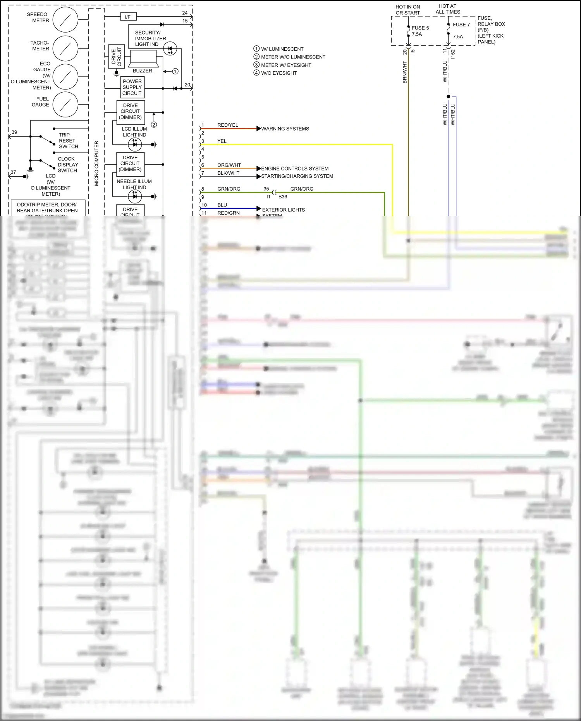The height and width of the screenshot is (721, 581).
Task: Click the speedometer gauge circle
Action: coord(65,19)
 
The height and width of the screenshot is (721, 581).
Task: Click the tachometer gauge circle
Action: coord(65,48)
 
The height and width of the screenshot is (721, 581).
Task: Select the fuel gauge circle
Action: coord(65,104)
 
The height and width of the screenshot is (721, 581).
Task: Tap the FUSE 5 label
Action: coord(420,28)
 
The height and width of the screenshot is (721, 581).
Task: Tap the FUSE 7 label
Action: coord(461,24)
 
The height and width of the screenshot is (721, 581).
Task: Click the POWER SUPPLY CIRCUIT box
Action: coord(132,87)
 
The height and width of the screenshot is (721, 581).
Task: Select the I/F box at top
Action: coord(128,17)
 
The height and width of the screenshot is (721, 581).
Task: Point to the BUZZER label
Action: coord(142,71)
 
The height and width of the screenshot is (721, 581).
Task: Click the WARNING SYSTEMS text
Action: coord(285,129)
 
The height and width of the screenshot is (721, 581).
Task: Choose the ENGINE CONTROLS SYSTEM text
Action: coord(295,169)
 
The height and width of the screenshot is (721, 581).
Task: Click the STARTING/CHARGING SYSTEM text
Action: coord(297,176)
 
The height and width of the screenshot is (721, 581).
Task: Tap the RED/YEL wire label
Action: coord(228,125)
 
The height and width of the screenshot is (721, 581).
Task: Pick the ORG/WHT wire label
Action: coord(229,165)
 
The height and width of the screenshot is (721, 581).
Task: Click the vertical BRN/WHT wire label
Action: coord(405,72)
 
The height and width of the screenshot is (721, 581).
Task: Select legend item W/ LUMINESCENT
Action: coord(282,49)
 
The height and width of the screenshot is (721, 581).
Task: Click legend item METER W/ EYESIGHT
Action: coord(286,65)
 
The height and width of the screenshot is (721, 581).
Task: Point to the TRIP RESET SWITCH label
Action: coord(68,141)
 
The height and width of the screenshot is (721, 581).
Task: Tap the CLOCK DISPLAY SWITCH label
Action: coord(67,165)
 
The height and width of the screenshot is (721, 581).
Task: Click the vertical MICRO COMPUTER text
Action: coord(96,163)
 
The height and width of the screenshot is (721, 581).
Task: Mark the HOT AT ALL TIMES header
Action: coord(448,9)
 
